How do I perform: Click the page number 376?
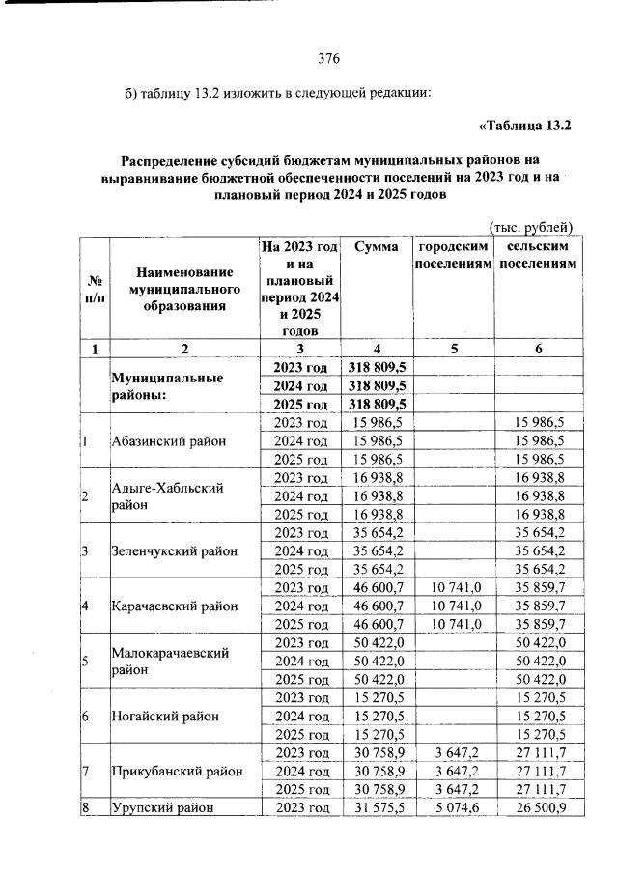coord(328,57)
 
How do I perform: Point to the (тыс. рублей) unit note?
coord(531,227)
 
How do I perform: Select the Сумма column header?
coord(376,248)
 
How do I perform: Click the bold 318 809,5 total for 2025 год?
coord(377,404)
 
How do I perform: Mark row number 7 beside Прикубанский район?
coord(86,772)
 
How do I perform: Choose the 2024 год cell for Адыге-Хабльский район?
coord(300,496)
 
